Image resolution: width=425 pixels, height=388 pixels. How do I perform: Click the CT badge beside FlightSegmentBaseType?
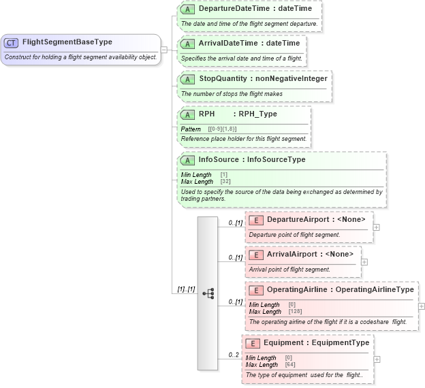coord(11,42)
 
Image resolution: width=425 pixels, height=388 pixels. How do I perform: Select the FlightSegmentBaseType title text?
coord(67,42)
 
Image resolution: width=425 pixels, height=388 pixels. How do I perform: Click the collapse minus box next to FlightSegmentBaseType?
coord(164,49)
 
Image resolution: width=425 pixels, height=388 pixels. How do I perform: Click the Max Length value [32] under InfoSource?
coord(225,182)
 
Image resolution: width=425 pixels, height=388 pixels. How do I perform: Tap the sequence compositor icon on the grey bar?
coord(208,293)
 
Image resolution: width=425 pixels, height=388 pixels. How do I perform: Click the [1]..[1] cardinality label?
coord(186,289)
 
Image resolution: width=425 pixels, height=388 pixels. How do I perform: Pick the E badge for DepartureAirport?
coord(256,220)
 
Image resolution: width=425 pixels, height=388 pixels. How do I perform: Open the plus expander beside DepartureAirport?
coord(377,227)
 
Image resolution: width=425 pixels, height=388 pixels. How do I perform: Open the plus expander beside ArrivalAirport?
coord(364,261)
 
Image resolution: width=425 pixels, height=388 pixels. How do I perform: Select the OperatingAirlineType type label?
coord(374,290)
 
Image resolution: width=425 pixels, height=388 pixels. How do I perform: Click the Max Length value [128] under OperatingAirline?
coord(295,312)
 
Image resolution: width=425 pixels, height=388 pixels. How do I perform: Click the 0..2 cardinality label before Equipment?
coord(234,355)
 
